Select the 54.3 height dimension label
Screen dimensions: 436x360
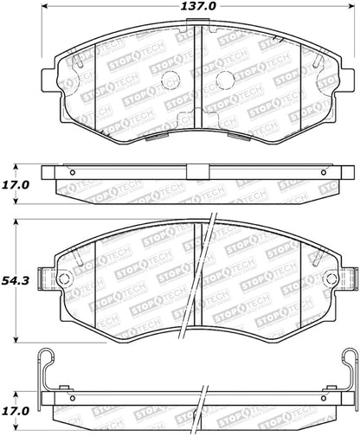[x=19, y=280]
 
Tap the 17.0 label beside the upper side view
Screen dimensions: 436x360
[x=19, y=184]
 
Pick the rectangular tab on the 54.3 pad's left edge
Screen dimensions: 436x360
[x=48, y=281]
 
